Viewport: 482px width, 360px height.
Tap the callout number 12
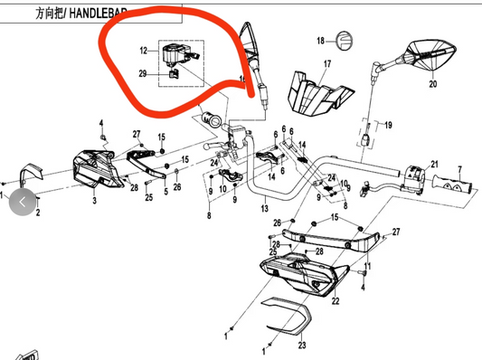coord(143,51)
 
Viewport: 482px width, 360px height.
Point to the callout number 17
coord(327,64)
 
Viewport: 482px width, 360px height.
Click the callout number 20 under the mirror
coord(431,84)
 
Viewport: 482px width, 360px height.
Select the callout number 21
coord(433,164)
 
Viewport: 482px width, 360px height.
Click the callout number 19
coord(388,125)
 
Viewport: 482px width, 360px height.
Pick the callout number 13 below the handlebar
coord(265,209)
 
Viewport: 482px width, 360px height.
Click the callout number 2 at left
coord(38,215)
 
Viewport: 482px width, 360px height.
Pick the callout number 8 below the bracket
coord(209,217)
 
